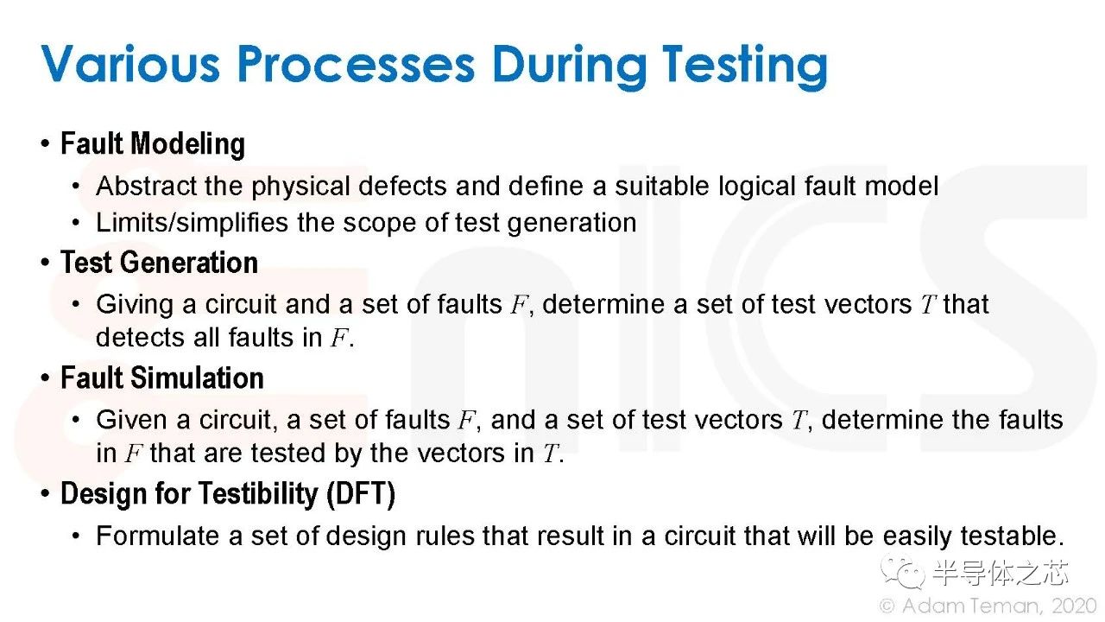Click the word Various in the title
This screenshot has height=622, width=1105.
(130, 63)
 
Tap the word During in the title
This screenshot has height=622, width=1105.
(569, 67)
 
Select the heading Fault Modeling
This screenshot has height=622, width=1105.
(153, 144)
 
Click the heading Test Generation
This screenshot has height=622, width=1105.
(159, 262)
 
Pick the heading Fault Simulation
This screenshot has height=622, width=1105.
(161, 378)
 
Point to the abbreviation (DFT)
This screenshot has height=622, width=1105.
(361, 494)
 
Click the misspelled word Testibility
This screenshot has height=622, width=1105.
(258, 494)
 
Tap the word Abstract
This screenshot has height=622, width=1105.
(146, 186)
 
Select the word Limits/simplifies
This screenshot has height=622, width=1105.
(192, 223)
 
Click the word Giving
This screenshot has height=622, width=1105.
(135, 305)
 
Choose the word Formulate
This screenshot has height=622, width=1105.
(158, 536)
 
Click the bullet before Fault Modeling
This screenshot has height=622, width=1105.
(46, 144)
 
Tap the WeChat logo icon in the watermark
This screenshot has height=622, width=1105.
(903, 573)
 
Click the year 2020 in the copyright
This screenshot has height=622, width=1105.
(1074, 606)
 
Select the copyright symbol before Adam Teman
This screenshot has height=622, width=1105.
(887, 606)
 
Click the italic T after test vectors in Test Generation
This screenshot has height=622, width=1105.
(928, 305)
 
